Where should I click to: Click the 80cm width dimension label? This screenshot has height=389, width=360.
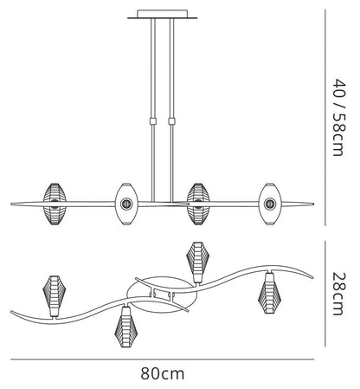pos(163,373)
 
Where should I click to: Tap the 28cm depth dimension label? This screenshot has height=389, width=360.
pos(338,293)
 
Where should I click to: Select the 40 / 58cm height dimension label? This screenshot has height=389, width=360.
pos(338,117)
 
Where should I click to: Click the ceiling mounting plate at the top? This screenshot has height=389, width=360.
pos(163,15)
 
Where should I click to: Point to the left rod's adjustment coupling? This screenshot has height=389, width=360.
pos(153,120)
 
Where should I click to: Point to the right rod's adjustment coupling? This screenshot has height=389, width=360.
pos(172,120)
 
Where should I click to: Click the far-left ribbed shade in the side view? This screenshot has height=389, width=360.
pos(55,204)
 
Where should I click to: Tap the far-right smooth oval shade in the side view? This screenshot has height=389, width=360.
pos(270,204)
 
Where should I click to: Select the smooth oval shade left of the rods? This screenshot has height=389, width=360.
pos(126,204)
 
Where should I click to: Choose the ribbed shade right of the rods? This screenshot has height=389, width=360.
pos(198,204)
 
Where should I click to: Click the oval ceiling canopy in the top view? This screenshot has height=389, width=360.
pos(162,295)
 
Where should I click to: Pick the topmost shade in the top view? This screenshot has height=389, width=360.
pos(197,263)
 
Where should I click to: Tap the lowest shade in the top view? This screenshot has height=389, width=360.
pos(125,327)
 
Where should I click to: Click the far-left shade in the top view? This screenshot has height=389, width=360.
pos(55,295)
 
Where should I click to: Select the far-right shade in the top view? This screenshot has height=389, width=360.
pos(269,293)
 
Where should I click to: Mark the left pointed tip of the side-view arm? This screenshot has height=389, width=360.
pos(11,204)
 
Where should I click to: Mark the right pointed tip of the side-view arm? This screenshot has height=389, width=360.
pos(313,204)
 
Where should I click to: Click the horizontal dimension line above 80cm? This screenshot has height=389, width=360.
pos(162,360)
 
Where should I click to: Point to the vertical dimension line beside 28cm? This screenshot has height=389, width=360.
pos(325,294)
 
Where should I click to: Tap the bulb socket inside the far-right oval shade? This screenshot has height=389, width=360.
pos(270,204)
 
